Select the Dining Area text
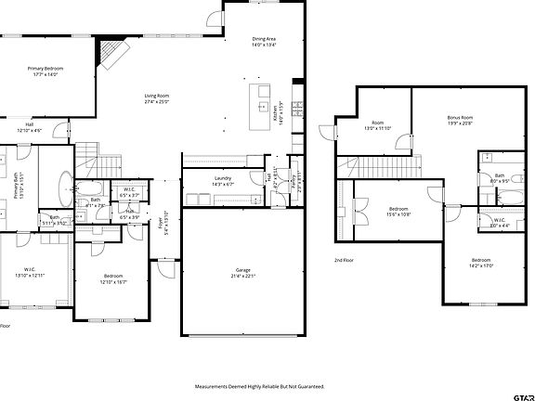click(x=264, y=42)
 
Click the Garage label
click(x=241, y=272)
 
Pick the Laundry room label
click(x=223, y=180)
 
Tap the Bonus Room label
click(x=460, y=120)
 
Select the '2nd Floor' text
click(x=346, y=261)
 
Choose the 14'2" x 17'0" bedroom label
click(x=480, y=262)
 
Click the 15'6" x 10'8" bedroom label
click(x=398, y=211)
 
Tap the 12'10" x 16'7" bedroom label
click(x=114, y=278)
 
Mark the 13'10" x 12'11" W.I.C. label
click(x=28, y=274)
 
